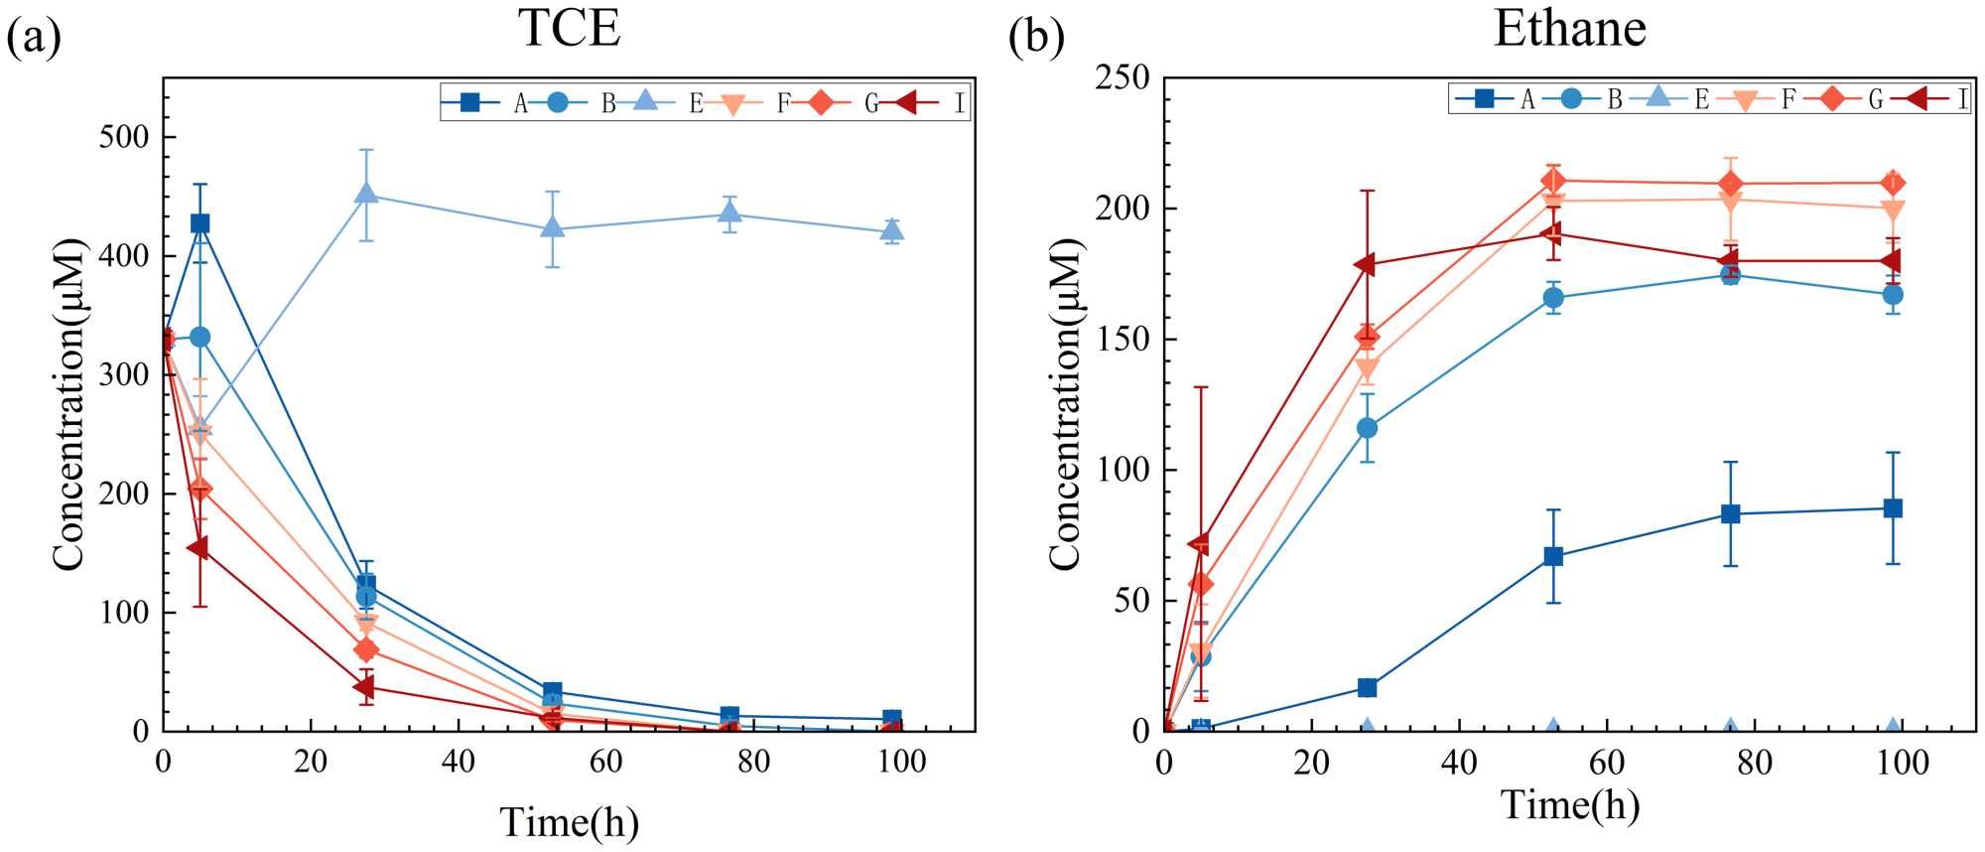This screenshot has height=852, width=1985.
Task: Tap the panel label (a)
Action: tap(34, 38)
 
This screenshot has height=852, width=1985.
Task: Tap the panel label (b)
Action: tap(1036, 38)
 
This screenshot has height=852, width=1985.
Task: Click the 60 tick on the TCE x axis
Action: tap(605, 762)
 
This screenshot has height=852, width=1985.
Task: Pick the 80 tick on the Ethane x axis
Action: tap(1755, 762)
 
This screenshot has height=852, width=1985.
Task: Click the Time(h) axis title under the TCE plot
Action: tap(569, 822)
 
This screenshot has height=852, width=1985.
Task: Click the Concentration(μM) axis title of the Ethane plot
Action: tap(1064, 405)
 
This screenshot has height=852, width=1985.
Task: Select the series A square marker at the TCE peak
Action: tap(199, 223)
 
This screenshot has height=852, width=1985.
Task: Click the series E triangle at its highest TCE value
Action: tap(366, 194)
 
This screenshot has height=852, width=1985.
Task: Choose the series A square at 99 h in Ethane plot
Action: tap(1893, 508)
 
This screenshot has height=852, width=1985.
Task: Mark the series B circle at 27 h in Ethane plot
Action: tap(1367, 428)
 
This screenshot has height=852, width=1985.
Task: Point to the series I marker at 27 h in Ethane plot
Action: tap(1366, 264)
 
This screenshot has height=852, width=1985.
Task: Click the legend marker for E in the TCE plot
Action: tap(645, 101)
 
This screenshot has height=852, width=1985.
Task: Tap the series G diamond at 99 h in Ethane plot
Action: tap(1893, 183)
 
